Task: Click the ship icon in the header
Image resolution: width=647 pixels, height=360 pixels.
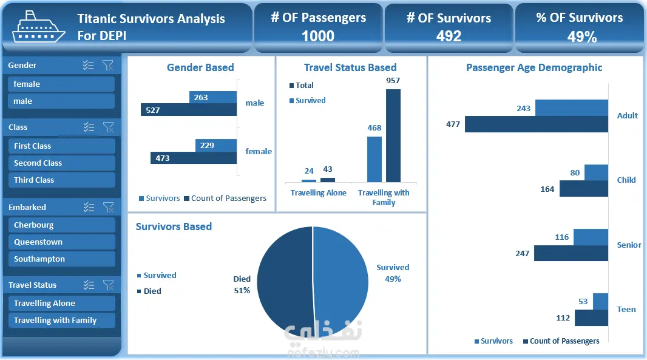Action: coord(39,27)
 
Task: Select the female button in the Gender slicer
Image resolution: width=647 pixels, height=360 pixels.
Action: coord(61,84)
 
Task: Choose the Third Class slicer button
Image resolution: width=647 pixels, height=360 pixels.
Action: coord(61,180)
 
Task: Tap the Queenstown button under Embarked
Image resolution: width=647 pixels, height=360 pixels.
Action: coord(61,242)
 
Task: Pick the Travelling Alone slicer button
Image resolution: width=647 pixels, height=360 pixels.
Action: coord(61,304)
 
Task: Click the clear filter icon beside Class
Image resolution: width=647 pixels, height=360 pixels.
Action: coord(108,127)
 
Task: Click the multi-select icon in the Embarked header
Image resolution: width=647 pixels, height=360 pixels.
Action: coord(89,207)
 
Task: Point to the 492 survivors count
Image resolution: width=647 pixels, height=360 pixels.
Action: coord(449,36)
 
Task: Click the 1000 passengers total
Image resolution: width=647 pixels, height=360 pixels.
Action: coord(318,36)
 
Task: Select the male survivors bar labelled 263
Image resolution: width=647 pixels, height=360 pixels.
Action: coord(213,97)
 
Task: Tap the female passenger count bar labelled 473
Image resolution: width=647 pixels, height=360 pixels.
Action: coord(194,158)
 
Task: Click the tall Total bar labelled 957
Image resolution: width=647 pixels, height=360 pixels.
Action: coord(393,135)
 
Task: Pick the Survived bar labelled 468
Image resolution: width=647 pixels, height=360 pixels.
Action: coord(374,159)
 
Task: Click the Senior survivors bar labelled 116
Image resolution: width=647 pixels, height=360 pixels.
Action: coord(591,237)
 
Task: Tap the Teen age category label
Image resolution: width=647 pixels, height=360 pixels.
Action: coord(626,310)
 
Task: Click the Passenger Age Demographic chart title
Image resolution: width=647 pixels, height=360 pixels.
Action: coord(534,68)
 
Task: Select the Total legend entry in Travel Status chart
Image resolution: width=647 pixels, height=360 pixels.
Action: coord(304,86)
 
